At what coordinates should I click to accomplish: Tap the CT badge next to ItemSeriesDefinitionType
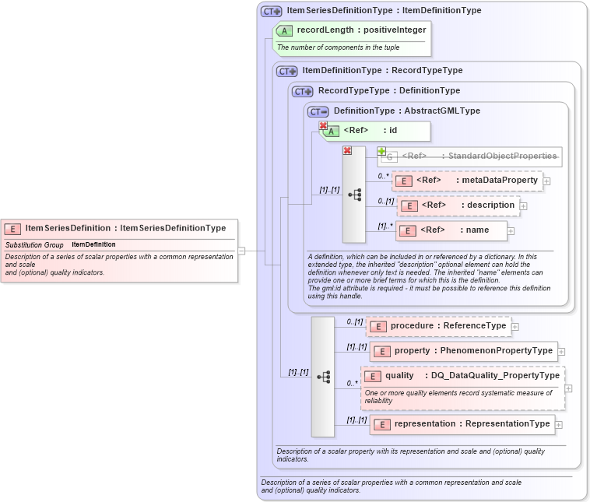pyautogui.click(x=271, y=11)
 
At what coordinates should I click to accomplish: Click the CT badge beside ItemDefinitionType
pyautogui.click(x=287, y=71)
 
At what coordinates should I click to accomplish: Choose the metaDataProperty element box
pyautogui.click(x=467, y=181)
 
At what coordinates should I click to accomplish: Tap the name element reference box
pyautogui.click(x=452, y=230)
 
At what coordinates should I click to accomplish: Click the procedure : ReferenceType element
pyautogui.click(x=439, y=326)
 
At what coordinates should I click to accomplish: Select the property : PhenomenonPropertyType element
pyautogui.click(x=464, y=351)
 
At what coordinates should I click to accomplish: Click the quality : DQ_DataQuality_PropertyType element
pyautogui.click(x=462, y=376)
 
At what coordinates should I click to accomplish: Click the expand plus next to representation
pyautogui.click(x=558, y=425)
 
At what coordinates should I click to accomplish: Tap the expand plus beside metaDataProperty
pyautogui.click(x=546, y=181)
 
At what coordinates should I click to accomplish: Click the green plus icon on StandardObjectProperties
pyautogui.click(x=381, y=151)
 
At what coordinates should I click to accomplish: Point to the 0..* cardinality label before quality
pyautogui.click(x=352, y=383)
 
